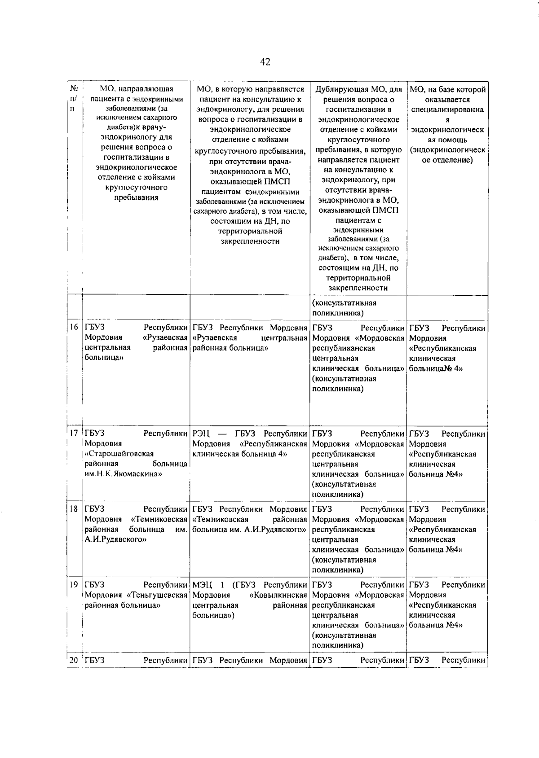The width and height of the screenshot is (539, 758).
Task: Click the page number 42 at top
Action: point(265,62)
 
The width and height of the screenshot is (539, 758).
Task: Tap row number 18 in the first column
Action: point(74,509)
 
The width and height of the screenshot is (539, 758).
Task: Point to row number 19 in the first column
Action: point(74,584)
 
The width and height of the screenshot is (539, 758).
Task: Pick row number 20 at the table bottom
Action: point(74,660)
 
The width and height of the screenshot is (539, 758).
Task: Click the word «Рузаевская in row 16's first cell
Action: point(165,337)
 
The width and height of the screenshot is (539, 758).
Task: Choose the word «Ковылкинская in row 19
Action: point(278,595)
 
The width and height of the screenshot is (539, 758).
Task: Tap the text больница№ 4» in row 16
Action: point(436,368)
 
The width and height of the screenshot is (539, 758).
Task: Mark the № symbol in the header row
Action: point(74,88)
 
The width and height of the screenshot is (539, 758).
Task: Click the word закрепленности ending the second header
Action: point(250,241)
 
